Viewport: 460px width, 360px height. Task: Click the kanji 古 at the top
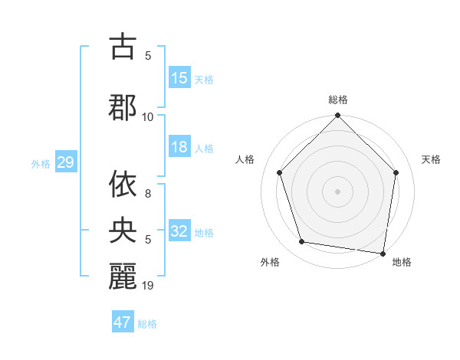(123, 47)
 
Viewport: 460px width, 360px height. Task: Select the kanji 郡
(123, 106)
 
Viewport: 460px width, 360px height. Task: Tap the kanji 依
(123, 185)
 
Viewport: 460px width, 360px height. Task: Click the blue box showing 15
(179, 78)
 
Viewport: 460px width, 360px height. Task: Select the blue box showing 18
(179, 147)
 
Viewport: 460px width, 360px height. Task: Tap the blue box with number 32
(179, 231)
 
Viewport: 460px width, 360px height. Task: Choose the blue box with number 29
(65, 162)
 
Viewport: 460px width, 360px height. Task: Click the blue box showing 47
(123, 322)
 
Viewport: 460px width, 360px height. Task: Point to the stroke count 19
(148, 286)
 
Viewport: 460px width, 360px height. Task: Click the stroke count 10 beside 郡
(148, 116)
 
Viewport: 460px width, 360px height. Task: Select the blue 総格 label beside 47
(147, 324)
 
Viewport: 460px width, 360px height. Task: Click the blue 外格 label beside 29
(41, 164)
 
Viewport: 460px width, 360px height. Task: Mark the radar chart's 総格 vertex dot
(337, 116)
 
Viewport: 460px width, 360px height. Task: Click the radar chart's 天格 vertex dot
(396, 172)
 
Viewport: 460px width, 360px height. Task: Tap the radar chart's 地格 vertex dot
(383, 253)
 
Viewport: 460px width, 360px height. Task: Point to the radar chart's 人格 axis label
(245, 159)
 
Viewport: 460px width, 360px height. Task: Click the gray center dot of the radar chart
(337, 191)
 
